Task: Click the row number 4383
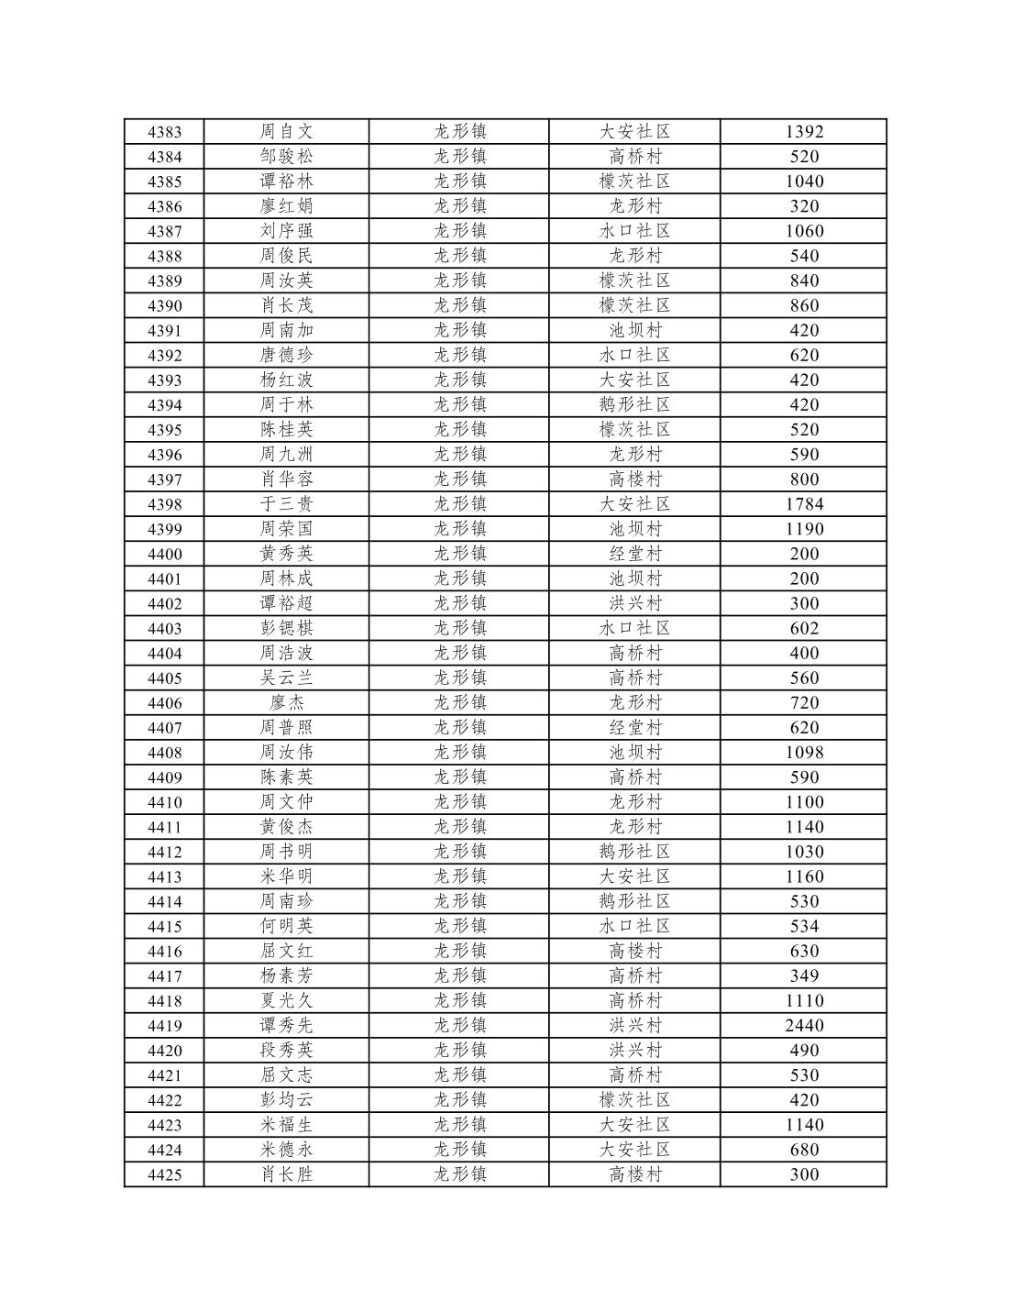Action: (164, 132)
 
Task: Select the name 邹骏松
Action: (286, 157)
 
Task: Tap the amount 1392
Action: (804, 132)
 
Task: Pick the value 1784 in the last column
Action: (804, 504)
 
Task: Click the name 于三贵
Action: (286, 504)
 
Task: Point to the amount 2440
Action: (804, 1026)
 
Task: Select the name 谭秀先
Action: (286, 1026)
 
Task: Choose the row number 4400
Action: (164, 554)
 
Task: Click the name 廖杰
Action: (286, 703)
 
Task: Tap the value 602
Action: (804, 629)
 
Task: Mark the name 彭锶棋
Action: (286, 629)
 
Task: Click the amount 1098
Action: (804, 753)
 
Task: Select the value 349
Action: (804, 976)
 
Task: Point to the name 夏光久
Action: (286, 1001)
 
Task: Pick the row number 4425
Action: (164, 1175)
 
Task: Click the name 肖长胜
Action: (286, 1175)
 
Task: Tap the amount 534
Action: (804, 927)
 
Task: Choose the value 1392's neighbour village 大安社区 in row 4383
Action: (634, 132)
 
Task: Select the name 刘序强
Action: (286, 231)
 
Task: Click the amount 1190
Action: (804, 529)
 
